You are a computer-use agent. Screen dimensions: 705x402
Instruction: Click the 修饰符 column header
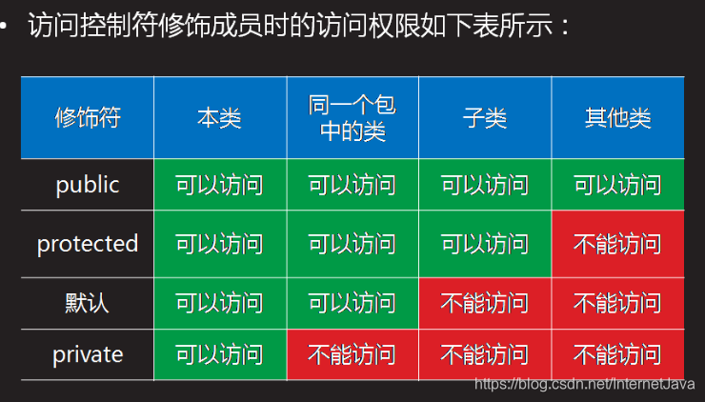tap(88, 118)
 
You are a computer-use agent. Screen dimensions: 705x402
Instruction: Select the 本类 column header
tap(220, 118)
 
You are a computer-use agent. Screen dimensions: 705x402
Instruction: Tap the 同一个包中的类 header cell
tap(352, 118)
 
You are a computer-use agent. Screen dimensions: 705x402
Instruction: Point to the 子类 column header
tap(485, 118)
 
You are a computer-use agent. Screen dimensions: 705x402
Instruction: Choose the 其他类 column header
tap(618, 118)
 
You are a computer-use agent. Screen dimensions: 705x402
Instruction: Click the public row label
tap(88, 185)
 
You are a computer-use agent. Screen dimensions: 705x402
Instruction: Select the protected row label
tap(88, 244)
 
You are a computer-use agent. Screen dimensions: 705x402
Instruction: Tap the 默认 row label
tap(88, 303)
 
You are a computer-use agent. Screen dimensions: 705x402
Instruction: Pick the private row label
tap(88, 354)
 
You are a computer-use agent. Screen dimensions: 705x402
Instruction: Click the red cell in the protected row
tap(618, 244)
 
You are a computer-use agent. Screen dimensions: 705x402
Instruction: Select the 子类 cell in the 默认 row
tap(485, 303)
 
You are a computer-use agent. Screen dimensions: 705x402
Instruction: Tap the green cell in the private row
tap(220, 354)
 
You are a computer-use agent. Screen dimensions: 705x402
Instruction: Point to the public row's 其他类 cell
tap(618, 185)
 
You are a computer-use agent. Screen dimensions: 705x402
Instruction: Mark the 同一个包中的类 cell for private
tap(352, 354)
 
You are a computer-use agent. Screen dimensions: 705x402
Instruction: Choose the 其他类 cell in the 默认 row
tap(618, 303)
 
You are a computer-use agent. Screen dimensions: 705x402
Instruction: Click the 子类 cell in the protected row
tap(485, 244)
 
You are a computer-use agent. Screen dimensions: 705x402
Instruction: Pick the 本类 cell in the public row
tap(220, 185)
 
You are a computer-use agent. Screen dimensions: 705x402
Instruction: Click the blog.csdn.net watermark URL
tap(585, 384)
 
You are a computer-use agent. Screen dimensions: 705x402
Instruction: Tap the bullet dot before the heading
tap(3, 25)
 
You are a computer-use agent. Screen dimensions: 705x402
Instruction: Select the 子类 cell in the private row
tap(485, 354)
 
